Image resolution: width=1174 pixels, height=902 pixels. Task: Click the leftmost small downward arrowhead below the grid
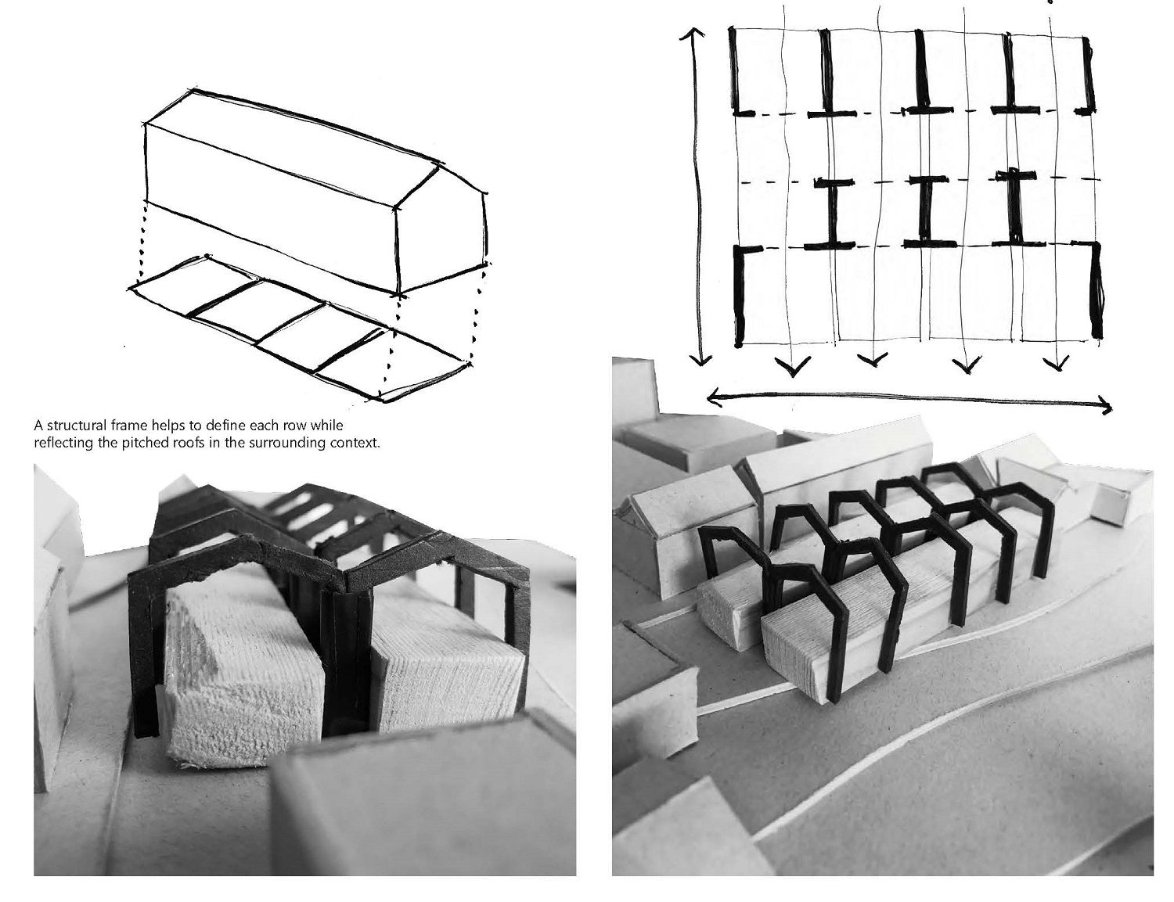(794, 367)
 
